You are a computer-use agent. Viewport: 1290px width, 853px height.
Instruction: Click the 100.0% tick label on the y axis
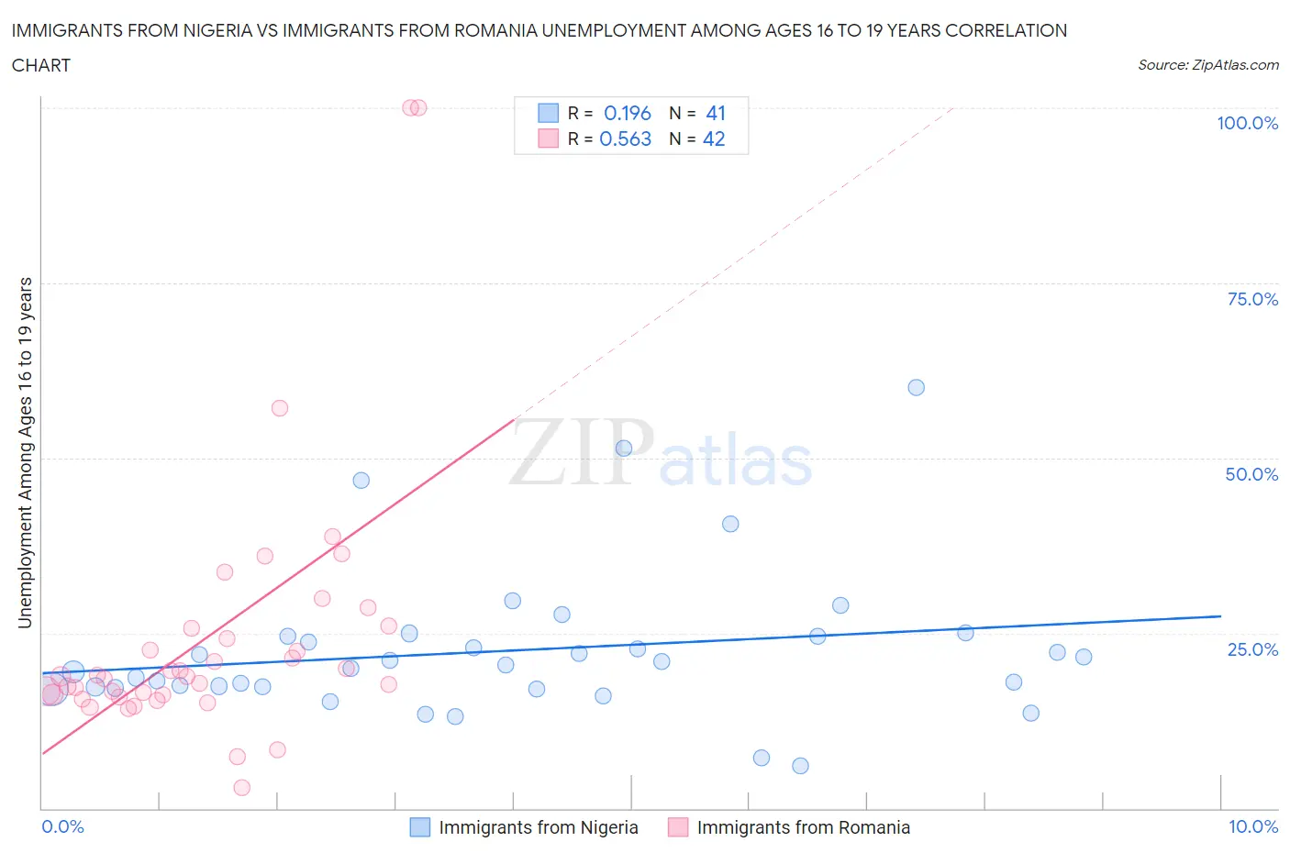pyautogui.click(x=1247, y=123)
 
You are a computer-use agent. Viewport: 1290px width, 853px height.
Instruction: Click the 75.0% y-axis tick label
pyautogui.click(x=1252, y=299)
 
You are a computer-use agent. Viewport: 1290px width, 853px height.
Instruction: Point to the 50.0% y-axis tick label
pyautogui.click(x=1251, y=474)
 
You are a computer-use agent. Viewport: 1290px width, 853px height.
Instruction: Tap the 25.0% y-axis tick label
pyautogui.click(x=1252, y=649)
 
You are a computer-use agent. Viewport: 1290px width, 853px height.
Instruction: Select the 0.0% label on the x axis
pyautogui.click(x=62, y=826)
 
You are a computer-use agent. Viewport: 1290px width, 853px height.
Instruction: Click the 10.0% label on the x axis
pyautogui.click(x=1253, y=826)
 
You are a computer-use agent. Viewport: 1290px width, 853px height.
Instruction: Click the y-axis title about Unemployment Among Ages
pyautogui.click(x=25, y=452)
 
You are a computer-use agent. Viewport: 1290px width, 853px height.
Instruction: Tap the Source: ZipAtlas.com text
pyautogui.click(x=1207, y=65)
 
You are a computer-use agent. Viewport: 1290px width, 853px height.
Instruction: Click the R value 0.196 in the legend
pyautogui.click(x=627, y=113)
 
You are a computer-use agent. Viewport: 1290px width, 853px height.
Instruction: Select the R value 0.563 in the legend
pyautogui.click(x=625, y=138)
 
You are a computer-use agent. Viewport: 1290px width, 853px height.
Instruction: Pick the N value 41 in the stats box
pyautogui.click(x=716, y=113)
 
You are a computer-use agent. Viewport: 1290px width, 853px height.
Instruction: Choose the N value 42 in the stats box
pyautogui.click(x=714, y=138)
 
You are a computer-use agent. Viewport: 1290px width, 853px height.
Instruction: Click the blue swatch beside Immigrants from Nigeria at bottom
pyautogui.click(x=419, y=827)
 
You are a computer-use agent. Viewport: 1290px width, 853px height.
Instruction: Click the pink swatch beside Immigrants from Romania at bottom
pyautogui.click(x=678, y=827)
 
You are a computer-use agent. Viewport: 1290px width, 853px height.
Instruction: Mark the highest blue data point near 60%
pyautogui.click(x=916, y=387)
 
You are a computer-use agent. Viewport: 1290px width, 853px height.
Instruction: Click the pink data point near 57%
pyautogui.click(x=280, y=408)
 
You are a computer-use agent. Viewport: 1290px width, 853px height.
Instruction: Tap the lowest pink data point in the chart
pyautogui.click(x=242, y=787)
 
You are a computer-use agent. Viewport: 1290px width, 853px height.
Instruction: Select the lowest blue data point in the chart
pyautogui.click(x=800, y=766)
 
